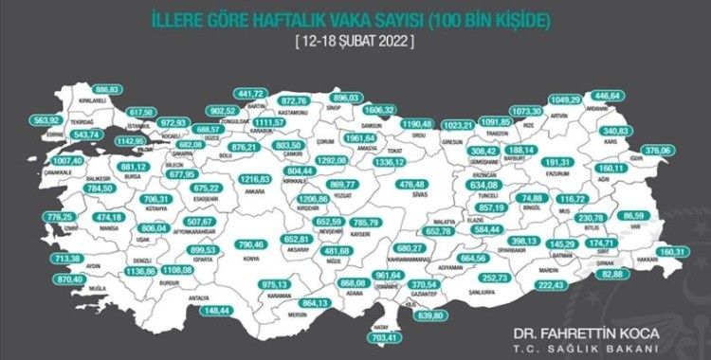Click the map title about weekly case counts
[355, 19]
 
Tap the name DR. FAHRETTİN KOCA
[592, 333]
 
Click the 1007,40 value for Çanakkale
[31, 189]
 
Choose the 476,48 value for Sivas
[417, 185]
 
